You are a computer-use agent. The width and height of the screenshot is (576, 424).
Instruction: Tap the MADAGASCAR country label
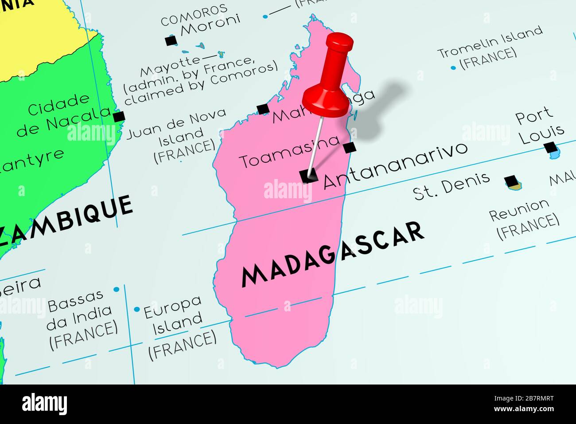coord(331,254)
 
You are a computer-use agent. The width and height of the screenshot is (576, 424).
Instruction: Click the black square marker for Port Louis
coord(550,147)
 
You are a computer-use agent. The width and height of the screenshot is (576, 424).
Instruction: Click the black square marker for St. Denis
coord(511,181)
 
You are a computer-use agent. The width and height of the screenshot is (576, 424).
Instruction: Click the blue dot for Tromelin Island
coord(453,68)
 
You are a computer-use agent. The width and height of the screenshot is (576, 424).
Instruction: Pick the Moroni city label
coord(210,25)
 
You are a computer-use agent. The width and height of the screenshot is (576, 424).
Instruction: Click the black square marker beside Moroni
coord(170,41)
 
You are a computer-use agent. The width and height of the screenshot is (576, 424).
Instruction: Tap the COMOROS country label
coord(194,14)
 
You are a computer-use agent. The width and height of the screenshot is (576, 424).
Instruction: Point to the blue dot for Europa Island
coord(137,309)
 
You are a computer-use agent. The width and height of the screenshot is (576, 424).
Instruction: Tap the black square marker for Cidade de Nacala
coord(118,117)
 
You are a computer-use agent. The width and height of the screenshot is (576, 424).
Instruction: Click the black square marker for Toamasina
coord(350,146)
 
